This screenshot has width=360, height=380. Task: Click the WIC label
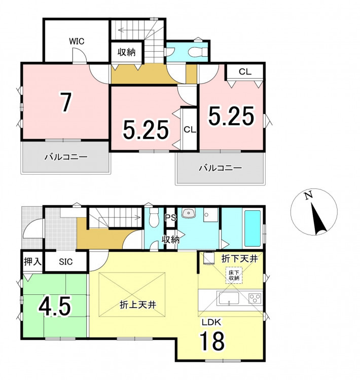[77, 41]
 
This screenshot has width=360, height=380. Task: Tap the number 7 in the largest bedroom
[66, 102]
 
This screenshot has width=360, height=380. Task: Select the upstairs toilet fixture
[197, 52]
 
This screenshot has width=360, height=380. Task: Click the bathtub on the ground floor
[253, 229]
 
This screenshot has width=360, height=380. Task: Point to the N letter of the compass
[309, 196]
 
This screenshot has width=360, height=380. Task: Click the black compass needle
[318, 218]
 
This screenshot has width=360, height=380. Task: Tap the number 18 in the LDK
[212, 341]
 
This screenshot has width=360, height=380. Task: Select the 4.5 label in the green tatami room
[55, 307]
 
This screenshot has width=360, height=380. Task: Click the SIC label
[66, 262]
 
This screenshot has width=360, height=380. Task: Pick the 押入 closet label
[32, 261]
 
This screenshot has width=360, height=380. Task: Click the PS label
[170, 218]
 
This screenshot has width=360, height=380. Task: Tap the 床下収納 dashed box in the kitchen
[234, 275]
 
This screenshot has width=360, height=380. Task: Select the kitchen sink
[229, 299]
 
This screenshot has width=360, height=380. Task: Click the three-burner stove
[255, 298]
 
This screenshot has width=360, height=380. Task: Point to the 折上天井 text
[138, 305]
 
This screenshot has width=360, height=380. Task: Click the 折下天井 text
[239, 259]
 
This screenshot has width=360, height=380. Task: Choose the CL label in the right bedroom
[245, 72]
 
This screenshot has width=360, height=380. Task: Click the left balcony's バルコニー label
[66, 157]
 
